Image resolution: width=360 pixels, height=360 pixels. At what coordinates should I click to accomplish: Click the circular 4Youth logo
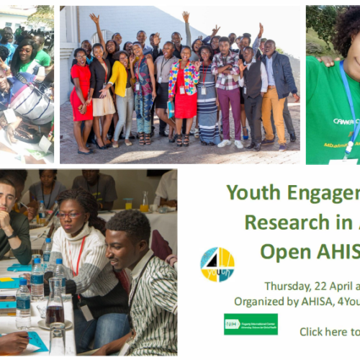click(x=217, y=264)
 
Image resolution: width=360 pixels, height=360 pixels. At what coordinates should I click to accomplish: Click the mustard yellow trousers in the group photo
click(x=274, y=114)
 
